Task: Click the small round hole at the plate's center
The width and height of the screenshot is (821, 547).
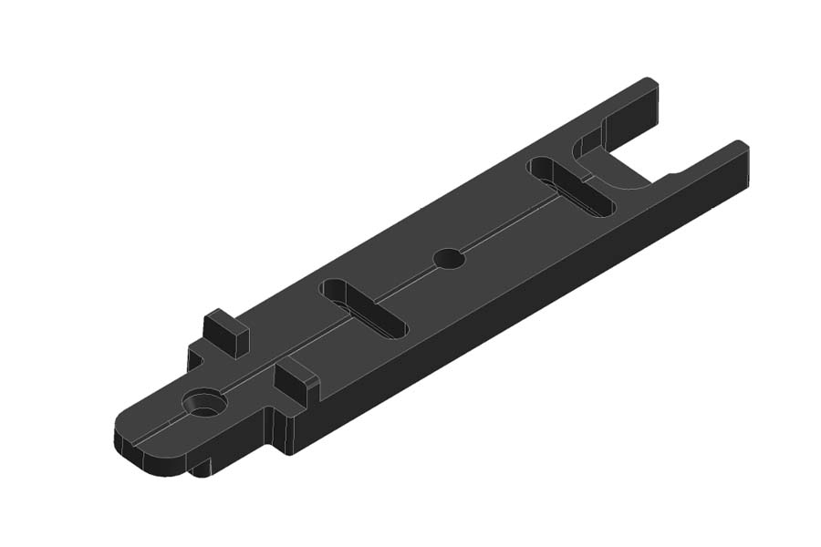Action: [449, 259]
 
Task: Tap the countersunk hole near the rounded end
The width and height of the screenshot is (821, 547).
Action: [204, 402]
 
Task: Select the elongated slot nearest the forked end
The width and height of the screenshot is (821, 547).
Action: [572, 187]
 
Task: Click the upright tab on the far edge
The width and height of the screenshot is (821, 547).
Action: [225, 333]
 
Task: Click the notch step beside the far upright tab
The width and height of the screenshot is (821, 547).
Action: [195, 356]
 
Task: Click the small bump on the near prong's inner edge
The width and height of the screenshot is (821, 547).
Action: [673, 173]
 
